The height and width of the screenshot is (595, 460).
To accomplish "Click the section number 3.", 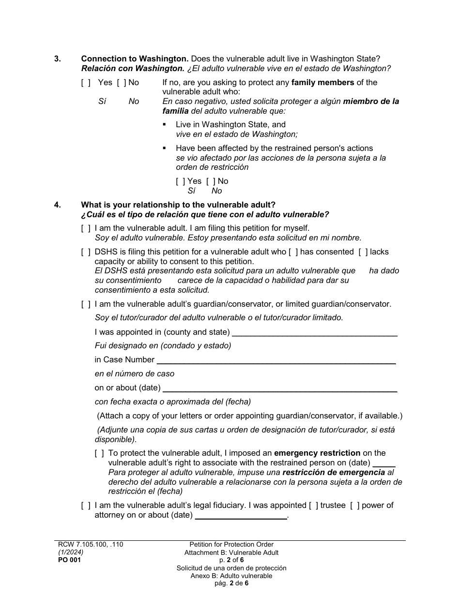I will (57, 59).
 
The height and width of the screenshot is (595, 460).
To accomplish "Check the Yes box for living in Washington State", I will (86, 83).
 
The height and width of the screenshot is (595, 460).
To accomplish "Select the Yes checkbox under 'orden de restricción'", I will (180, 181).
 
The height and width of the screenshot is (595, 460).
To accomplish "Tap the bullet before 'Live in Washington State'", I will (165, 125).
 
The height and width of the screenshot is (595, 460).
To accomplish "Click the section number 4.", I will (57, 205).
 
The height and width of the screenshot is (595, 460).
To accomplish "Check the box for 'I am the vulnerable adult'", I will (86, 228).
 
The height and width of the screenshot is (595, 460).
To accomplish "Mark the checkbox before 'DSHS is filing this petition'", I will (86, 252).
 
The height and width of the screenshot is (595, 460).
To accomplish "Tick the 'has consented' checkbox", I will (293, 252).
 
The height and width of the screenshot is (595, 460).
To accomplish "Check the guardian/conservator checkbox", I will (86, 304).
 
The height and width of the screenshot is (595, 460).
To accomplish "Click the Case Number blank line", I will (276, 360).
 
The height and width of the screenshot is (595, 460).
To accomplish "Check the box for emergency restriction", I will (99, 454).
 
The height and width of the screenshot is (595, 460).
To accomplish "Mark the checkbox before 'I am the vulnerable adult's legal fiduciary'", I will (86, 506).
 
